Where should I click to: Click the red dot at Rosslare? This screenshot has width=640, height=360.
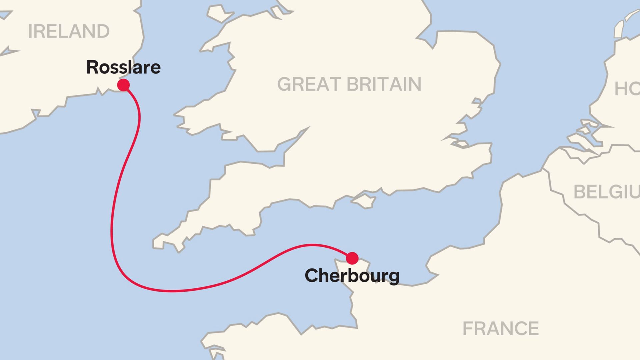click(x=123, y=85)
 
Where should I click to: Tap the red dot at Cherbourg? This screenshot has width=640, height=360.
click(x=352, y=258)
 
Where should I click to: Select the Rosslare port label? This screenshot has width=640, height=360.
click(x=123, y=67)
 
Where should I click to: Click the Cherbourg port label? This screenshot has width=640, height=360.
click(x=352, y=276)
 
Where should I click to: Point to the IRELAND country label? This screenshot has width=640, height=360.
click(x=69, y=31)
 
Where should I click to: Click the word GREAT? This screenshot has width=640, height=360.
click(x=308, y=84)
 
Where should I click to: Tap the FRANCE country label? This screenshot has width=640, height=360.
click(x=500, y=329)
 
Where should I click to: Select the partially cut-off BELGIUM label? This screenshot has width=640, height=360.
click(x=606, y=192)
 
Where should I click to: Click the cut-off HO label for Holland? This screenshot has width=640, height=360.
click(x=627, y=89)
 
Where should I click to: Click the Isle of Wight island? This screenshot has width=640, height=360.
click(x=364, y=201)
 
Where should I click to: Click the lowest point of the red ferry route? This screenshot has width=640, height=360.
click(x=173, y=291)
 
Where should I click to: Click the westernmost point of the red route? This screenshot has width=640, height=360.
click(x=111, y=230)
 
